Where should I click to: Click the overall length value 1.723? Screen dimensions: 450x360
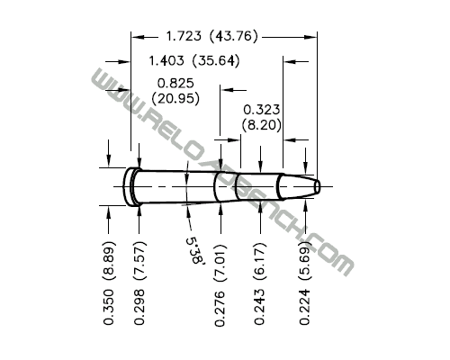point(184,36)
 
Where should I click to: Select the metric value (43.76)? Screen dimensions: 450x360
point(234,36)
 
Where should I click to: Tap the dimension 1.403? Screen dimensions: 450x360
point(166,61)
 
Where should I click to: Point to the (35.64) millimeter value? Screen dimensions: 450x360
point(216,61)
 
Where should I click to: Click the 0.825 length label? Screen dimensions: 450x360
point(175,83)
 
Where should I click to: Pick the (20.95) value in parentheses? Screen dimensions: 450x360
point(175,99)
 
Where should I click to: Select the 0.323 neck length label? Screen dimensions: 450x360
point(261,110)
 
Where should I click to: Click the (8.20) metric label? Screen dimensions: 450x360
point(262,125)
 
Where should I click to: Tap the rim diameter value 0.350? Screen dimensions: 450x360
point(109,307)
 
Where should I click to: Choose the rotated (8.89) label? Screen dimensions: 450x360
point(109,260)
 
